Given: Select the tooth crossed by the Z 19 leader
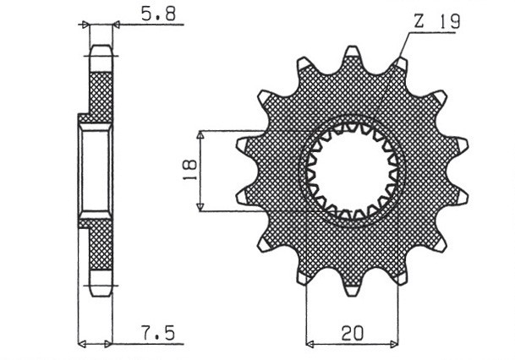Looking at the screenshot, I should [399, 66].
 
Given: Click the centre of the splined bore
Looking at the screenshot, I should [352, 173].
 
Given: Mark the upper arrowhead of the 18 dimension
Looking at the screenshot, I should [200, 135].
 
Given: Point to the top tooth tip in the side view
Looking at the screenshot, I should [101, 52].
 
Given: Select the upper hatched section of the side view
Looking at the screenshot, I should [101, 93].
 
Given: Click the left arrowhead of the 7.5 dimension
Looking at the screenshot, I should [82, 345].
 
